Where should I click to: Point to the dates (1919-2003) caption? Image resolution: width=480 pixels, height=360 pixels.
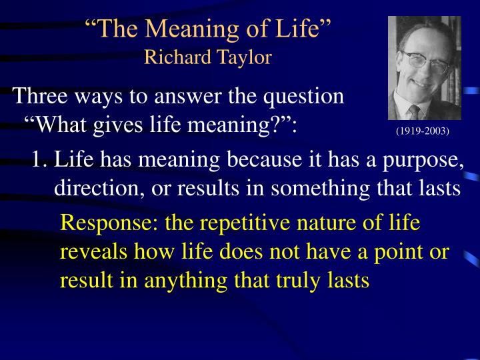coord(423,131)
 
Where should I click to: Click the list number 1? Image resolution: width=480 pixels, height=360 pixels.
coord(39,160)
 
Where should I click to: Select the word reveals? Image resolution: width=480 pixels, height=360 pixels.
coord(89,253)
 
